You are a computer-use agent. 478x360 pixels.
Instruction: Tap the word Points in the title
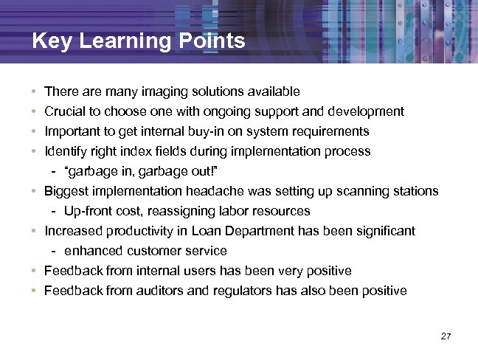click(x=212, y=41)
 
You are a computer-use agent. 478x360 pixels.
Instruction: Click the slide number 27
click(x=445, y=336)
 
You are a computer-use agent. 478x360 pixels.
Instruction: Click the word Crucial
click(x=63, y=111)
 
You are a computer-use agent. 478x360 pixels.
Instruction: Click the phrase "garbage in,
click(x=99, y=171)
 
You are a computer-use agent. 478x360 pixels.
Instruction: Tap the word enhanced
click(x=93, y=251)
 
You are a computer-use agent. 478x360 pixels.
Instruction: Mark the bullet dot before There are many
click(x=35, y=92)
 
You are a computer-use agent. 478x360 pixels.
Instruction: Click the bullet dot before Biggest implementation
click(x=35, y=191)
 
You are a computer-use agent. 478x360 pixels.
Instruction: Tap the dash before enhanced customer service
click(x=55, y=251)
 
